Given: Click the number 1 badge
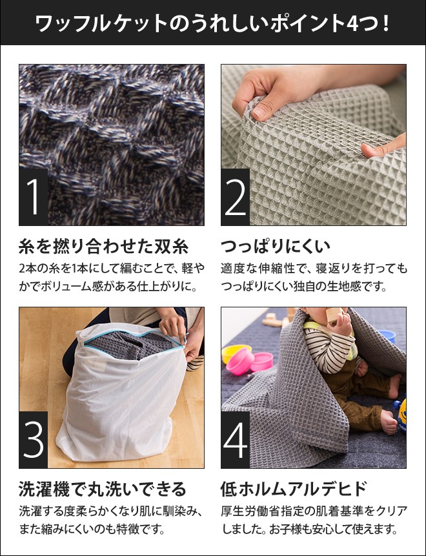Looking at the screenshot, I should click(x=34, y=197).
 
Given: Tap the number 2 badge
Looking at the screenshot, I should click(x=236, y=197).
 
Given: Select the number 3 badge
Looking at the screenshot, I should click(x=34, y=440).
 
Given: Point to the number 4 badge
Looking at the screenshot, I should click(x=236, y=440).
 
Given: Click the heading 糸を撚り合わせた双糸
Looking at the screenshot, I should click(x=103, y=247).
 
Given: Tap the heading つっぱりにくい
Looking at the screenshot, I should click(x=276, y=247).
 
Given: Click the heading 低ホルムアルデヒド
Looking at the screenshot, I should click(x=294, y=489).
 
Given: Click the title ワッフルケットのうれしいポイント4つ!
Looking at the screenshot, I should click(x=212, y=24).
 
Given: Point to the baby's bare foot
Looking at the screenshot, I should click(x=389, y=423).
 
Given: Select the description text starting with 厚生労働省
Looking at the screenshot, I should click(x=314, y=512).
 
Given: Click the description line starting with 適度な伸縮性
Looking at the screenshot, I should click(x=314, y=268).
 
